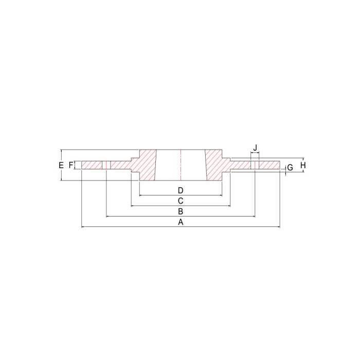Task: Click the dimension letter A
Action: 181,222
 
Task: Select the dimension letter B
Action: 181,211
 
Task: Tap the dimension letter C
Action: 181,201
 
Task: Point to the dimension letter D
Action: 181,191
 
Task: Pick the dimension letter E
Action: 61,165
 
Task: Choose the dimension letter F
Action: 71,165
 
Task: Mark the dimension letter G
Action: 290,168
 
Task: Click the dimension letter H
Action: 303,165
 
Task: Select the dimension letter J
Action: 255,148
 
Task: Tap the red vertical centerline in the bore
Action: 181,165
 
